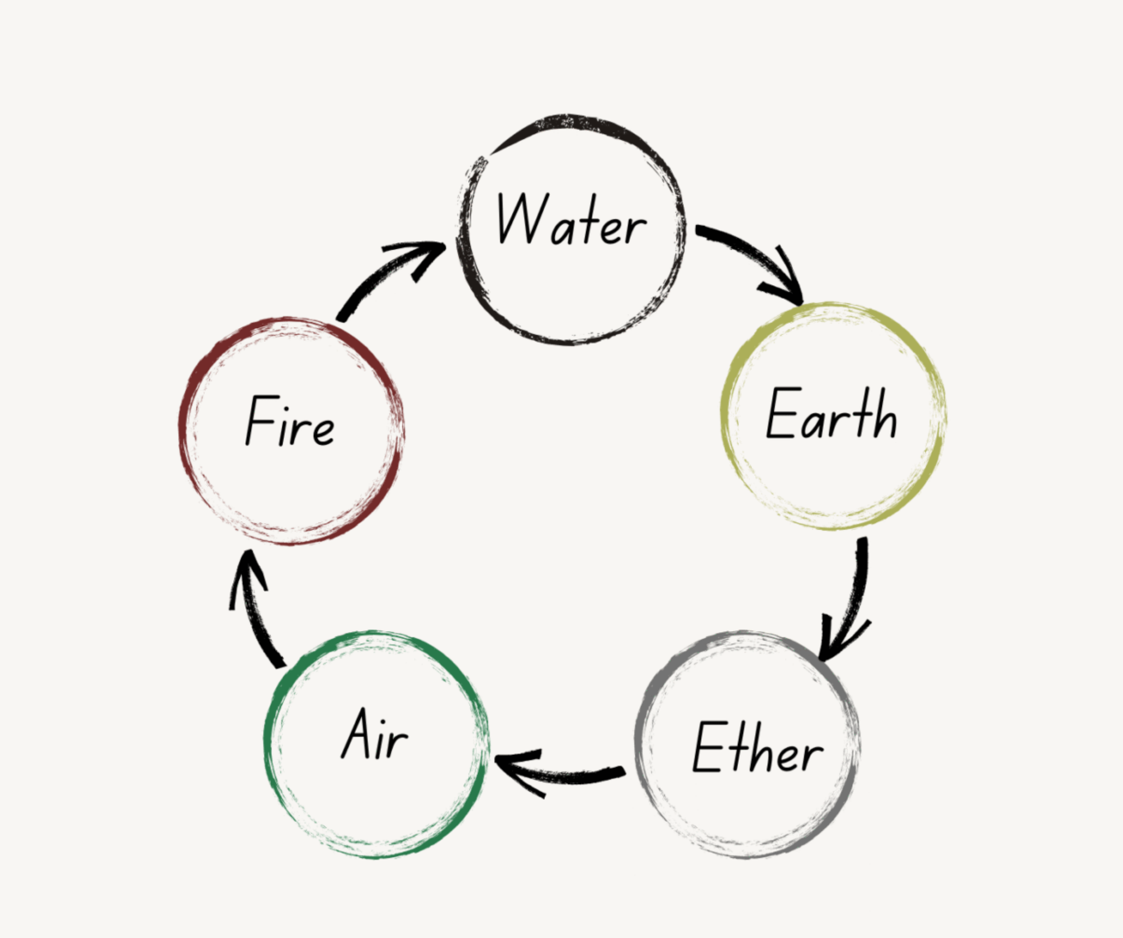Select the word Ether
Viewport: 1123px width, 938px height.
(757, 748)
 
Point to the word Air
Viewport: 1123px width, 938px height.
(375, 734)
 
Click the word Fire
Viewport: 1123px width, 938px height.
(290, 422)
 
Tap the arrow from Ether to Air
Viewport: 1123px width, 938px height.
(567, 775)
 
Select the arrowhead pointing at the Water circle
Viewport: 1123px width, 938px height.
(422, 254)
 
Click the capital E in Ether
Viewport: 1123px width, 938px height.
(709, 747)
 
